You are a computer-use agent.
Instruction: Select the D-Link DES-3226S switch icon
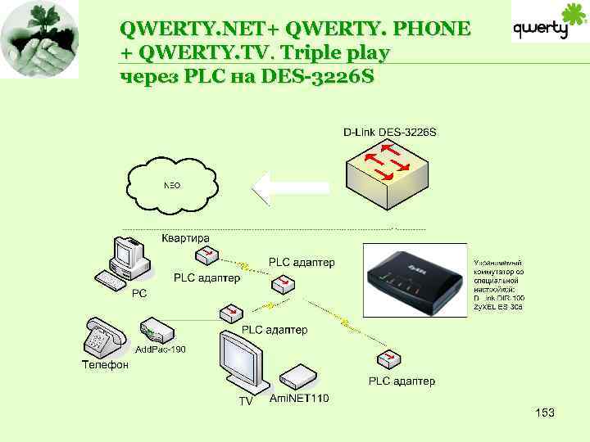[386, 173]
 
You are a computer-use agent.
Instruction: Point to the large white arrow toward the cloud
[290, 187]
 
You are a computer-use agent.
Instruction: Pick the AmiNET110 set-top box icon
[297, 377]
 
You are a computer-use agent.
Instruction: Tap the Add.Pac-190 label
[161, 350]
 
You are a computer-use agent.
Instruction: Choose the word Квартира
[184, 238]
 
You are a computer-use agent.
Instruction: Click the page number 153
[545, 413]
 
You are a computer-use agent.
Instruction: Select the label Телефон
[105, 365]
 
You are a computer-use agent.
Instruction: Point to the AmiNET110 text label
[299, 399]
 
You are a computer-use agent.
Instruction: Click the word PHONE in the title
[433, 29]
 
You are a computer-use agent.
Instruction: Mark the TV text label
[246, 401]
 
